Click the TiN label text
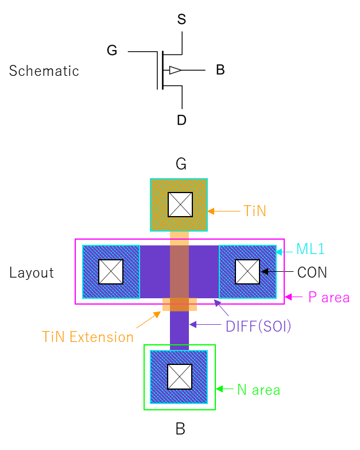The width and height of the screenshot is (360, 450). (254, 211)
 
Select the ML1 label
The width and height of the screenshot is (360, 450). (310, 249)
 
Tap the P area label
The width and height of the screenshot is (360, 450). (328, 297)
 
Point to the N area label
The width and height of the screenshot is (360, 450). (258, 390)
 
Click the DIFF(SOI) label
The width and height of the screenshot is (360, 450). (258, 326)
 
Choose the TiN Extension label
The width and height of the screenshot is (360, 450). (87, 337)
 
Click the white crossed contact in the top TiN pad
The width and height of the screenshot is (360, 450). (180, 205)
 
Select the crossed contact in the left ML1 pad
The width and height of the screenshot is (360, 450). (111, 272)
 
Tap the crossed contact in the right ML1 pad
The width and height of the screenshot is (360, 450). (247, 272)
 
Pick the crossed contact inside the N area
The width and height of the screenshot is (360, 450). (180, 376)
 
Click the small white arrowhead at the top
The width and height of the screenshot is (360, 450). (175, 70)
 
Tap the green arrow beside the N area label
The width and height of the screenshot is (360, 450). (224, 389)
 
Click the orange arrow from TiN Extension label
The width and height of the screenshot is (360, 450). (149, 319)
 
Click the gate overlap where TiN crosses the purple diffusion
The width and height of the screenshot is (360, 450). (179, 272)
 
